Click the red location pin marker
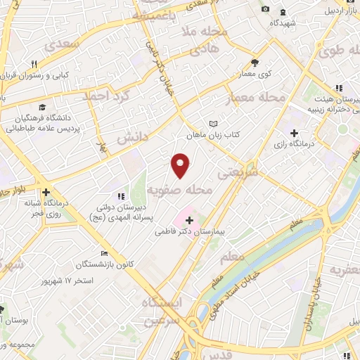click(x=181, y=165)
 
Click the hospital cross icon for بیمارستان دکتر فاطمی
click(x=189, y=220)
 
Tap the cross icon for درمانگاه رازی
click(x=294, y=134)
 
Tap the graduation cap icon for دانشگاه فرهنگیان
click(x=41, y=108)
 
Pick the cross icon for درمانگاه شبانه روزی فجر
click(x=46, y=192)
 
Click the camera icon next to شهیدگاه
click(x=265, y=9)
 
